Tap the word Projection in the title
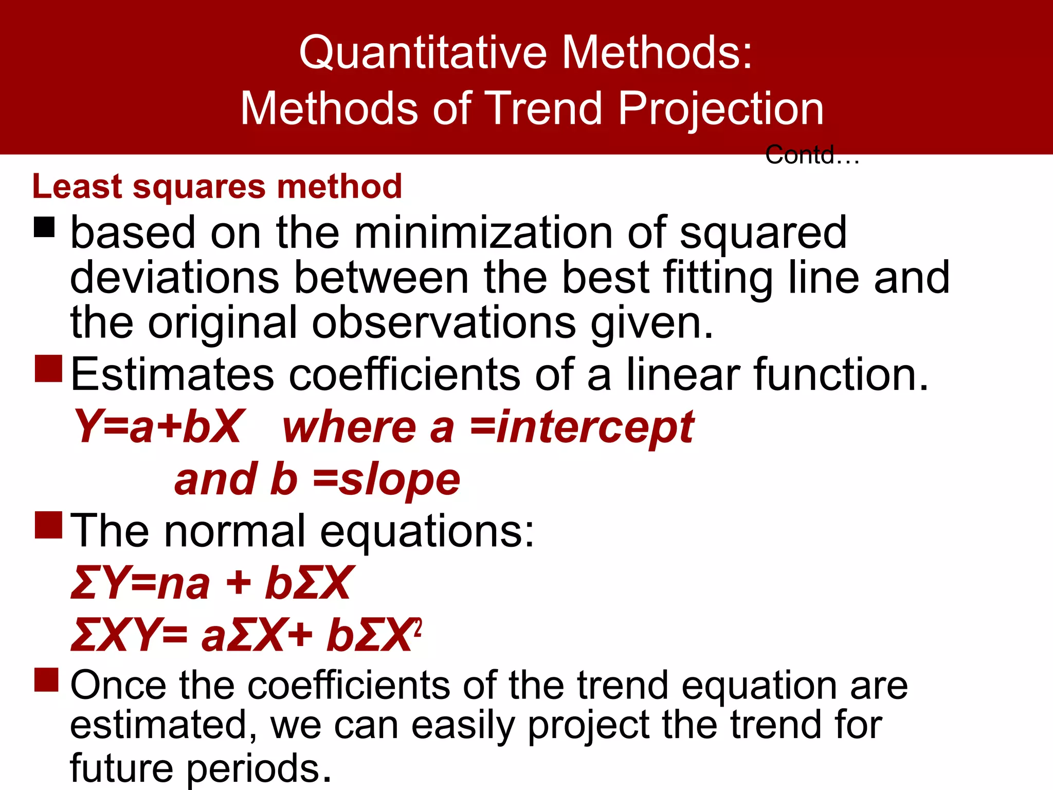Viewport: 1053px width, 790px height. pyautogui.click(x=721, y=109)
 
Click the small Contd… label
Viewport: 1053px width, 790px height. pyautogui.click(x=812, y=155)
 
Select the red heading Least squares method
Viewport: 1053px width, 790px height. pyautogui.click(x=216, y=186)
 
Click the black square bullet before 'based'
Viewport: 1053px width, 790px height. pyautogui.click(x=44, y=227)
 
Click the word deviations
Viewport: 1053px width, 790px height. pyautogui.click(x=174, y=278)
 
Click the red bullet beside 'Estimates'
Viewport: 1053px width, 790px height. pyautogui.click(x=48, y=368)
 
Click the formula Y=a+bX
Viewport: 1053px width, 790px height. pyautogui.click(x=157, y=427)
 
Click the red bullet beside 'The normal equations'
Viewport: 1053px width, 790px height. pyautogui.click(x=48, y=525)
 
